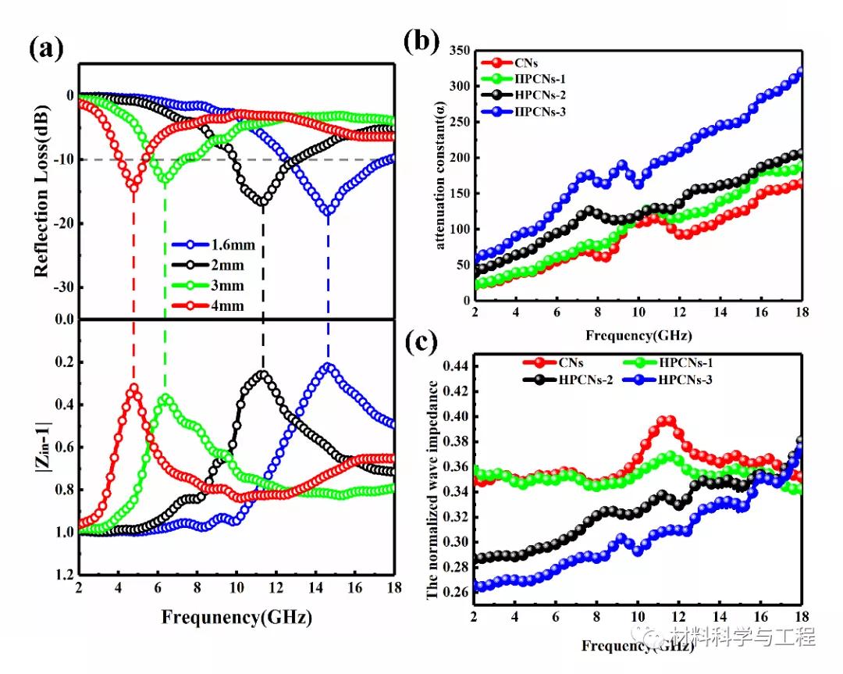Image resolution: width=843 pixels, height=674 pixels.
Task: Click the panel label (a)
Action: pos(46,50)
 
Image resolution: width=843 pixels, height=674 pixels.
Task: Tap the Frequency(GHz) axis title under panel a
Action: pos(237,617)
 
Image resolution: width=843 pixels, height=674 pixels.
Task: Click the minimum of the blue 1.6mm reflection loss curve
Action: pos(329,210)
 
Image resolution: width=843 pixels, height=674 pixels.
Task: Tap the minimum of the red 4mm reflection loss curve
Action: pos(134,187)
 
